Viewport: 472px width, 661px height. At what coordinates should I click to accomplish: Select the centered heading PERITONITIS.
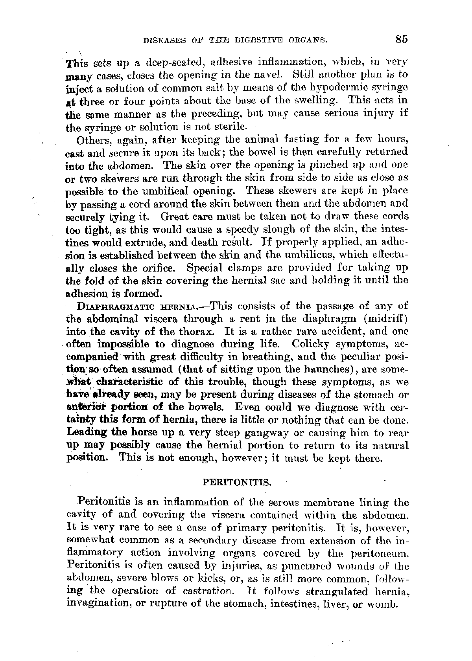237,482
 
